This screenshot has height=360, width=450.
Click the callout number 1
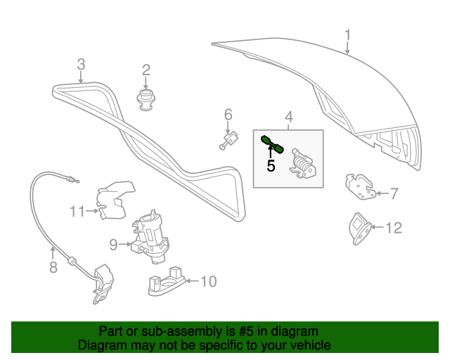tap(347, 34)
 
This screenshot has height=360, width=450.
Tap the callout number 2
tap(146, 70)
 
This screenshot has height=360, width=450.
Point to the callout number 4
tap(288, 117)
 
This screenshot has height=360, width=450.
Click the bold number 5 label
tap(270, 166)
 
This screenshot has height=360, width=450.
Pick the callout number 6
tap(228, 114)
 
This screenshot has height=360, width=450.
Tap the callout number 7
tap(394, 193)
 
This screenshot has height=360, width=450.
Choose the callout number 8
tap(53, 266)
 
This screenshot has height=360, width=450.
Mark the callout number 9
tap(113, 245)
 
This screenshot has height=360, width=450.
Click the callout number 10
tap(209, 282)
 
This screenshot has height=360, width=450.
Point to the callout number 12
tap(394, 227)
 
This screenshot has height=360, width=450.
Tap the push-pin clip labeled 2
tap(146, 98)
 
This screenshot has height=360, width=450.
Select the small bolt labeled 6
tap(228, 141)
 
